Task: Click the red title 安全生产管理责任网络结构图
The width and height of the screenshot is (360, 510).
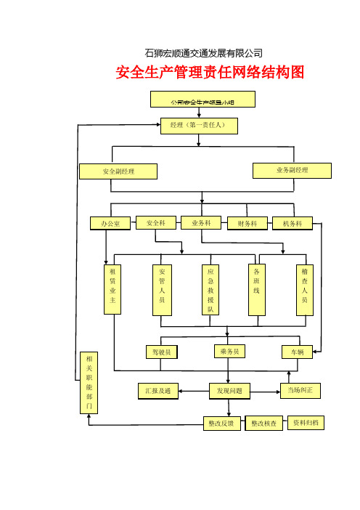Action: tap(209, 73)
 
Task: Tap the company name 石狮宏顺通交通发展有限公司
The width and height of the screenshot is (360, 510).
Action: tap(204, 53)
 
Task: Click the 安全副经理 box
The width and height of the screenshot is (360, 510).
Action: tap(119, 171)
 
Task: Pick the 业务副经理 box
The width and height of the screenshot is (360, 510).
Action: tap(292, 170)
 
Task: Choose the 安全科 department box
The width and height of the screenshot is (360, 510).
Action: tap(156, 223)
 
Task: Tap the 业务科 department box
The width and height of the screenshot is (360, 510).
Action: tap(201, 223)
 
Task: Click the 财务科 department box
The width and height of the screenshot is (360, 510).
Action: tap(247, 224)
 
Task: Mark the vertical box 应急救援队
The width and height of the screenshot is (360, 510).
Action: tap(210, 289)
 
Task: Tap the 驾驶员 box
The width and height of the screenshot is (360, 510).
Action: tap(161, 352)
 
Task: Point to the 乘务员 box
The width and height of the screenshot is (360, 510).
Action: tap(229, 352)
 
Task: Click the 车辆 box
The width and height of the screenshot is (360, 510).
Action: tap(298, 352)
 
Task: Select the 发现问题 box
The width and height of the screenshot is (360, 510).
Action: tap(229, 392)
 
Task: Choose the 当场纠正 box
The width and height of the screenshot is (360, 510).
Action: tap(300, 391)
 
